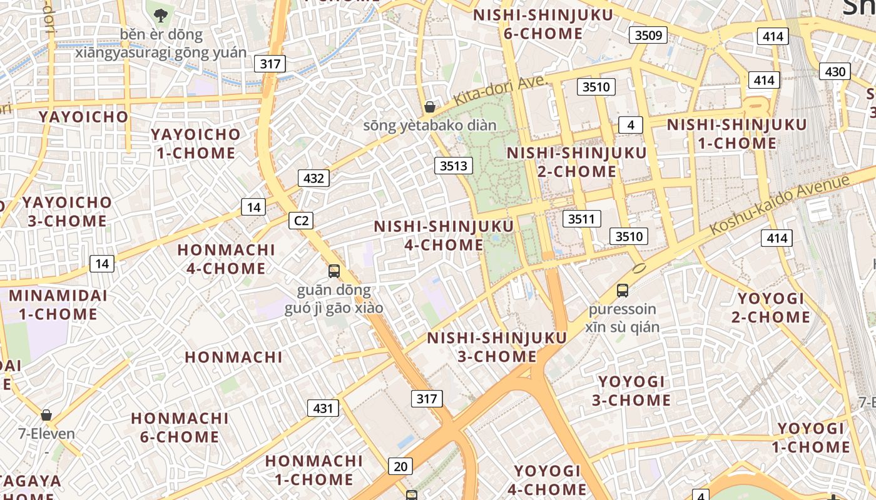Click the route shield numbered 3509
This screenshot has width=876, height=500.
[x=648, y=35]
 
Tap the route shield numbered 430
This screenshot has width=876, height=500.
[x=835, y=71]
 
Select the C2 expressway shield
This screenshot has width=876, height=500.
[x=301, y=220]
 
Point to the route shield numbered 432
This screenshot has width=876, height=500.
[x=313, y=178]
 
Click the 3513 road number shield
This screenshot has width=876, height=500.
[x=454, y=166]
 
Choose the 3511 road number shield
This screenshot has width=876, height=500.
[x=581, y=219]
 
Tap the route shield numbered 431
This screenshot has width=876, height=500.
[x=323, y=409]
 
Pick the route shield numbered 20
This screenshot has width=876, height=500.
[x=400, y=466]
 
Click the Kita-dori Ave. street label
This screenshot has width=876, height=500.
[x=500, y=90]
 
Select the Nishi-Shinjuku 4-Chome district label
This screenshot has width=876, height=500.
[x=444, y=236]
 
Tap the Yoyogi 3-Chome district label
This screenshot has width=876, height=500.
[x=631, y=391]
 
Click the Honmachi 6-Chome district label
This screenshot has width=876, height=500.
[x=180, y=427]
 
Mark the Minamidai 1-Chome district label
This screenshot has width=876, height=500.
[x=58, y=304]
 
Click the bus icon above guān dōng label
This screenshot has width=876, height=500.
[x=334, y=271]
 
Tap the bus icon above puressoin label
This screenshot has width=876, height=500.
[x=622, y=290]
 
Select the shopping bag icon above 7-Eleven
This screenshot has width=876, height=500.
[x=46, y=415]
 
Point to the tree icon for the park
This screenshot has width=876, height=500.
[x=161, y=14]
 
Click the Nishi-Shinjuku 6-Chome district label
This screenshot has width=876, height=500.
[x=543, y=24]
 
